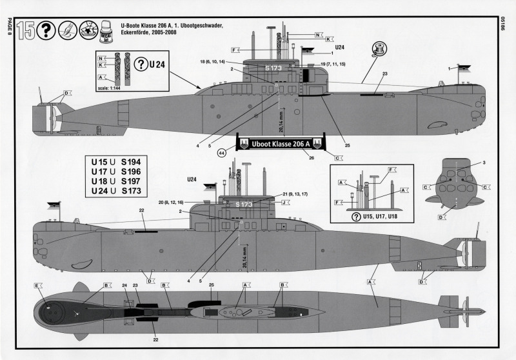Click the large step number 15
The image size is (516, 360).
26,30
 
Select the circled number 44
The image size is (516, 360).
222,153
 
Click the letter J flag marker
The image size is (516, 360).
284,202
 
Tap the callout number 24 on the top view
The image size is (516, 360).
124,285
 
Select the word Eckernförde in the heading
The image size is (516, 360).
138,32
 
